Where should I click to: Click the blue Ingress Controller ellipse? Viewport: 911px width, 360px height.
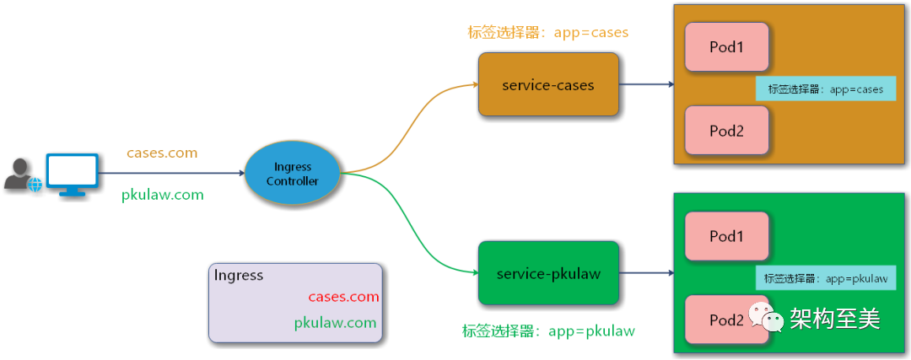coord(292,174)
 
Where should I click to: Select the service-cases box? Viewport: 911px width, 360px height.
coord(548,85)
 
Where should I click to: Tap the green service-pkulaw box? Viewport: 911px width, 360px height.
coord(548,273)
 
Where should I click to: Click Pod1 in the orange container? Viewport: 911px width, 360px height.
coord(726,47)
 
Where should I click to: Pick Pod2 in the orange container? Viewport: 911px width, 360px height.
coord(726,130)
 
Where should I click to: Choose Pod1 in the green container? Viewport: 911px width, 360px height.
coord(726,236)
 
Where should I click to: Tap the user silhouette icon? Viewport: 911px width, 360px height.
coord(19,175)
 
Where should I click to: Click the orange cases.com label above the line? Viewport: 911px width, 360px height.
coord(162,153)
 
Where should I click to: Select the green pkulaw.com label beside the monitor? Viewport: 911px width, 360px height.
coord(163,195)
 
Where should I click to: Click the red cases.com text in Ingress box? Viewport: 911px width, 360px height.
coord(343,297)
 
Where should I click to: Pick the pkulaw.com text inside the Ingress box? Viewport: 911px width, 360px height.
coord(335,323)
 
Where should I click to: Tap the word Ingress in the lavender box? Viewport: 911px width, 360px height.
coord(239,276)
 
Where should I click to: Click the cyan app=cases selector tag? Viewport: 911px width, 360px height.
coord(825,89)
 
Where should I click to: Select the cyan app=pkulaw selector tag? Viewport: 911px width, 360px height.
coord(825,278)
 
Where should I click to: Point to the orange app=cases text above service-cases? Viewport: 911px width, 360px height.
coord(548,33)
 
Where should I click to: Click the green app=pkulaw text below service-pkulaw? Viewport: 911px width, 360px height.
coord(548,331)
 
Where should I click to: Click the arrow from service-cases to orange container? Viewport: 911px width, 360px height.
coord(645,85)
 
